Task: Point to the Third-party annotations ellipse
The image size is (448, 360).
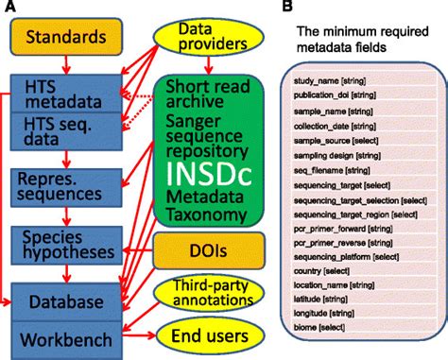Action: (x=206, y=293)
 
